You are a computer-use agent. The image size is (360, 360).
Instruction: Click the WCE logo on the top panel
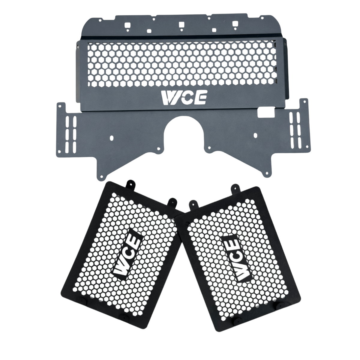click(184, 98)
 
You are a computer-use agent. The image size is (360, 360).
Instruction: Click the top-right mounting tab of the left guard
click(172, 202)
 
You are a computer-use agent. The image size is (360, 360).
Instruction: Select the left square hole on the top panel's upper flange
click(128, 25)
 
